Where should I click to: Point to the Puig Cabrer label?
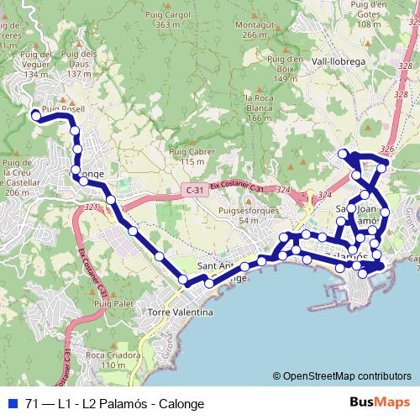[x=186, y=156]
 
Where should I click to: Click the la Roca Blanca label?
[x=260, y=108]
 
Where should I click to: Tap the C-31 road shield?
[x=195, y=191]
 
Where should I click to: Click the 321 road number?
[x=91, y=204]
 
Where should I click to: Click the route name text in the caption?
[x=115, y=403]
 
